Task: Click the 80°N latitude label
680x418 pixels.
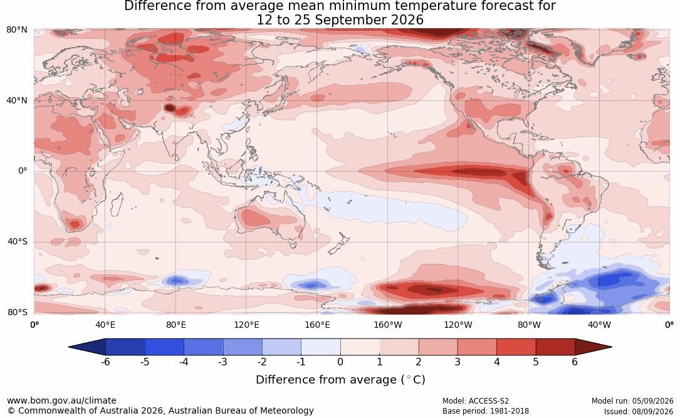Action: pyautogui.click(x=16, y=30)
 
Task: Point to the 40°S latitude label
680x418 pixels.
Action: pyautogui.click(x=18, y=241)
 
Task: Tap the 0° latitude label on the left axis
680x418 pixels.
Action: pyautogui.click(x=23, y=171)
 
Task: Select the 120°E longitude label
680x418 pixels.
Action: pyautogui.click(x=246, y=325)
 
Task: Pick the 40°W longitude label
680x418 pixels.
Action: pyautogui.click(x=599, y=325)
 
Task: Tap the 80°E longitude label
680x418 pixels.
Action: pyautogui.click(x=175, y=325)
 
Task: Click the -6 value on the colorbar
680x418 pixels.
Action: pyautogui.click(x=105, y=362)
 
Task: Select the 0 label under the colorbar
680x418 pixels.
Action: pyautogui.click(x=340, y=362)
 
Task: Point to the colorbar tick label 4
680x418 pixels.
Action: pyautogui.click(x=496, y=362)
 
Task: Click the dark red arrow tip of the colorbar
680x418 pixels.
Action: pyautogui.click(x=612, y=347)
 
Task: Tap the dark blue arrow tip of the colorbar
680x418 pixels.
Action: pyautogui.click(x=70, y=347)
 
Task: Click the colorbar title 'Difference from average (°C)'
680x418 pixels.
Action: pyautogui.click(x=340, y=380)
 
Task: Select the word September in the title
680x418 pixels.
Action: pyautogui.click(x=351, y=21)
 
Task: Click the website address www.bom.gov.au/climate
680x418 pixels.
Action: pyautogui.click(x=61, y=400)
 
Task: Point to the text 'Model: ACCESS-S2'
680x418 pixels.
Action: pyautogui.click(x=475, y=401)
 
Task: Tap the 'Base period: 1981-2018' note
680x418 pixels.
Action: pyautogui.click(x=485, y=411)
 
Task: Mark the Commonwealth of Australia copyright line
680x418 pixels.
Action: pyautogui.click(x=160, y=410)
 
